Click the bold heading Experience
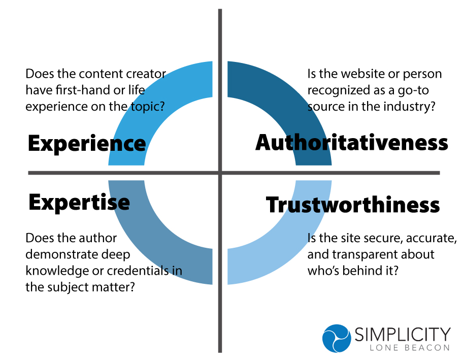87,144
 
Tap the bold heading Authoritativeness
352,143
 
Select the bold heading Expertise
79,202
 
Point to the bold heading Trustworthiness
353,205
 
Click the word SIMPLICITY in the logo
403,334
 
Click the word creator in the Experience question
147,74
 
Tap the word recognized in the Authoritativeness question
336,90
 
